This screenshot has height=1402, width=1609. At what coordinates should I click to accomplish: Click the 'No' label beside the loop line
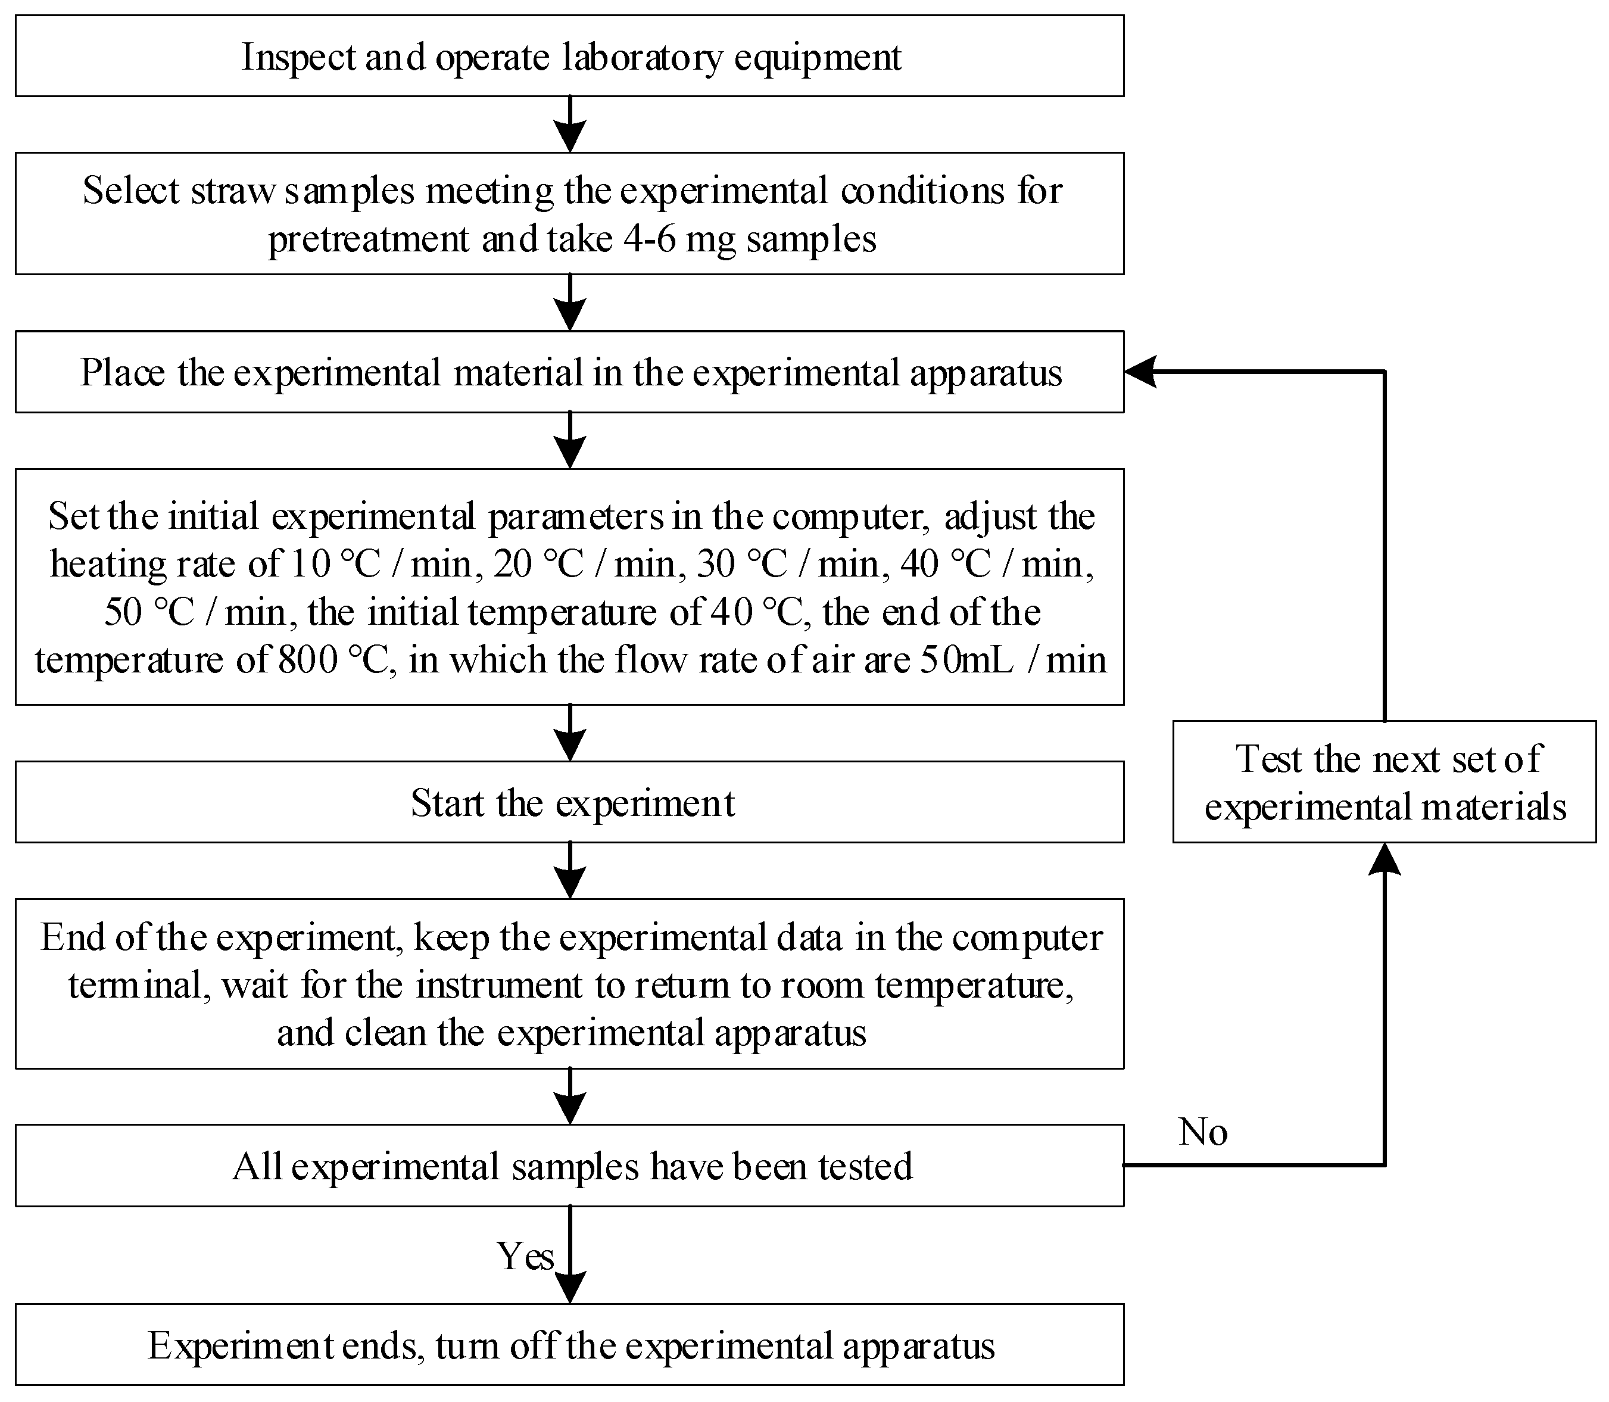coord(1202,1132)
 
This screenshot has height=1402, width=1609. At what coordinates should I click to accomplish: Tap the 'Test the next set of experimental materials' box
coord(1384,781)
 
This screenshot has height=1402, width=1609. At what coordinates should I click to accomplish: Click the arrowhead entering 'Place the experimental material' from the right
coord(1140,372)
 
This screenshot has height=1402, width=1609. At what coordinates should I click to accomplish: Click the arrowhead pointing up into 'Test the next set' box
coord(1385,858)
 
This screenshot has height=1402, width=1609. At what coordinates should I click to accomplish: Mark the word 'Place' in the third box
coord(122,372)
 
